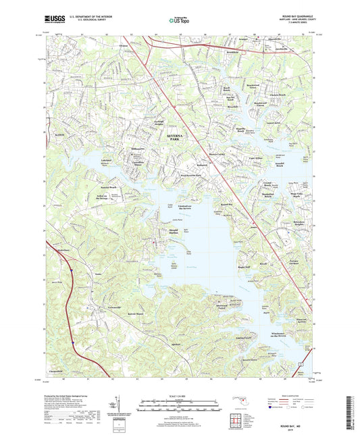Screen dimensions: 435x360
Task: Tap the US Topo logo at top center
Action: point(178,20)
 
